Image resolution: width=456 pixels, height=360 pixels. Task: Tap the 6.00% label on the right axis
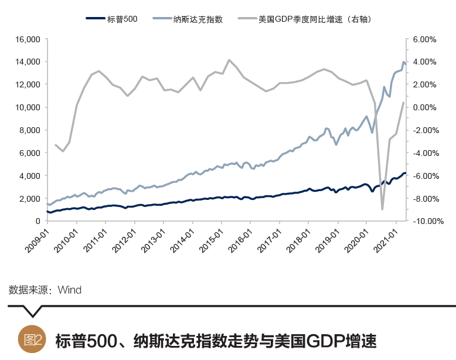click(x=424, y=39)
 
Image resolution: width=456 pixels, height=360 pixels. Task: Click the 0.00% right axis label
click(x=424, y=107)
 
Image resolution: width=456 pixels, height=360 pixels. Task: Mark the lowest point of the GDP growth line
click(x=382, y=209)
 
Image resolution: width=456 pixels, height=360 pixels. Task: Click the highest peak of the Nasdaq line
click(x=403, y=62)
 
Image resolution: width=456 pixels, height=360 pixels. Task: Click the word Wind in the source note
click(x=69, y=290)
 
